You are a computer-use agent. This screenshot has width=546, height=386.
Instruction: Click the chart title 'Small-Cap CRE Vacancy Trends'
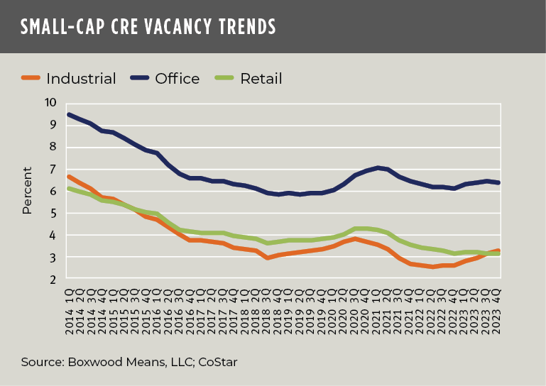coord(148,27)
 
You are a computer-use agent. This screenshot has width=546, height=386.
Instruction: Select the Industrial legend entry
coord(69,79)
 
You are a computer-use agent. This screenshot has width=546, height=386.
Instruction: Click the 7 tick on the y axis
coord(52,169)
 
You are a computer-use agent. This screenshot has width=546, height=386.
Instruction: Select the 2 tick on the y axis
coord(52,280)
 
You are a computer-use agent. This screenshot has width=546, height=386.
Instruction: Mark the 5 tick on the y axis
coord(52,213)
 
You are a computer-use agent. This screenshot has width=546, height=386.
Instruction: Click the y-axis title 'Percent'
coord(28,190)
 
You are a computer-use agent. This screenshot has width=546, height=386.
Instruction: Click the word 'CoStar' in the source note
coord(217,362)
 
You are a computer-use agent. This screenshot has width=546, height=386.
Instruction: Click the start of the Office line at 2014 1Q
coord(68,114)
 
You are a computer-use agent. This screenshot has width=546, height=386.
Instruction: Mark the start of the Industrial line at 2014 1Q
coord(68,176)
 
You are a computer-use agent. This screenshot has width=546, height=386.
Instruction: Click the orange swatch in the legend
coord(32,79)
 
